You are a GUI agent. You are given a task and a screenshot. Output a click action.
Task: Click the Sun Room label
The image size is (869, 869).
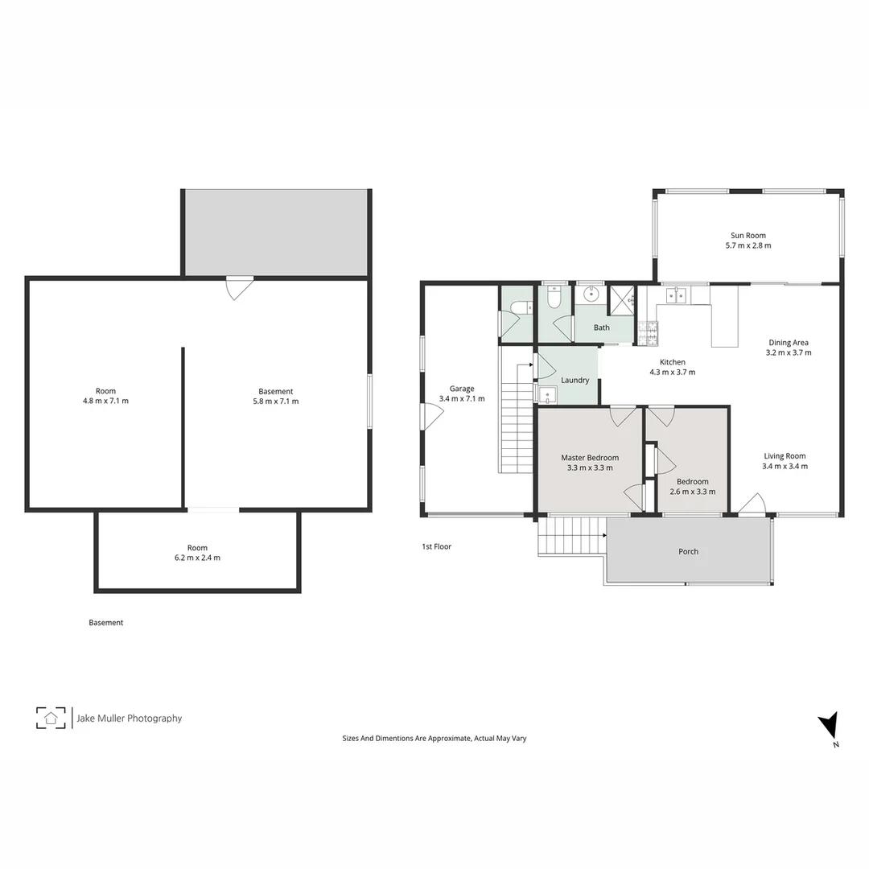(748, 236)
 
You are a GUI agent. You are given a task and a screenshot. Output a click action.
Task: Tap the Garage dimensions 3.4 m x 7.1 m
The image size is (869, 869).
(462, 398)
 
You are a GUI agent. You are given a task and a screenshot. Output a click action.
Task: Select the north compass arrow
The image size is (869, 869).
(830, 727)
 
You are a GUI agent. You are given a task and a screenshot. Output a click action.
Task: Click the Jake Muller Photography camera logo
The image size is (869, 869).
(51, 718)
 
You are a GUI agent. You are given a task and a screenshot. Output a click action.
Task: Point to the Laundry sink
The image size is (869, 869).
(547, 394)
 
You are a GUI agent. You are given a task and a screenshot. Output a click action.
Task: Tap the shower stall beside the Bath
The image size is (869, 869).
(622, 299)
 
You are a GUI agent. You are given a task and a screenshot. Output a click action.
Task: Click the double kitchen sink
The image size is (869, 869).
(676, 295)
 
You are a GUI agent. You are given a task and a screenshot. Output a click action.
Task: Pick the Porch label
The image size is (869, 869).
(688, 551)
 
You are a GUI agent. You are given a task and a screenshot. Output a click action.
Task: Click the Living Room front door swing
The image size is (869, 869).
(752, 505)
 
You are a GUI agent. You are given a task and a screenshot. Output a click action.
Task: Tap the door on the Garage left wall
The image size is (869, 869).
(431, 416)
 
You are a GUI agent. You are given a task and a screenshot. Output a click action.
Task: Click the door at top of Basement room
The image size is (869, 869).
(239, 288)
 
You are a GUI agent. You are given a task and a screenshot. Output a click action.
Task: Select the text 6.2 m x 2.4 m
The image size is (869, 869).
(198, 558)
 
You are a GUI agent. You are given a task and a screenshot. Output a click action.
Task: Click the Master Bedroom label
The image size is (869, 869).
(590, 458)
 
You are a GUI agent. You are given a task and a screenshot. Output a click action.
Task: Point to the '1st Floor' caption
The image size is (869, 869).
(437, 546)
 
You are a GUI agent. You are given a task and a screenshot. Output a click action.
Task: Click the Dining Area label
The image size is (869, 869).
(789, 343)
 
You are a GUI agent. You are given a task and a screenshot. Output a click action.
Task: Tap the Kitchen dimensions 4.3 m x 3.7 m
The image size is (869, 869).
(673, 372)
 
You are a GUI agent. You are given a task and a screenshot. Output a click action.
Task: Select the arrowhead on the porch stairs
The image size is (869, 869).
(603, 533)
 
